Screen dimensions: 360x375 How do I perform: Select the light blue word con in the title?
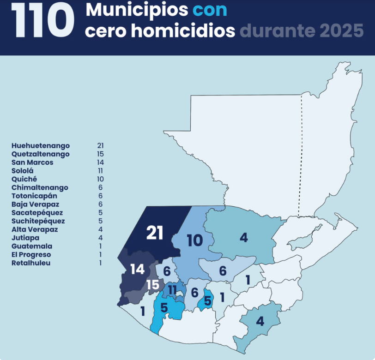pyautogui.click(x=210, y=10)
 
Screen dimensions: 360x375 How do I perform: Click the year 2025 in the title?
pyautogui.click(x=341, y=31)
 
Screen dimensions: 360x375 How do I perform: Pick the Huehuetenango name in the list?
pyautogui.click(x=41, y=146)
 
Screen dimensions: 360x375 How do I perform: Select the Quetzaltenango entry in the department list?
pyautogui.click(x=41, y=154)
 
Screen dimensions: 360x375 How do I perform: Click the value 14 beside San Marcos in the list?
pyautogui.click(x=100, y=162)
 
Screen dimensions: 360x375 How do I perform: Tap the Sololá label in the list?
pyautogui.click(x=23, y=171)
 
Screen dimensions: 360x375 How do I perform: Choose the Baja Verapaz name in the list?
pyautogui.click(x=36, y=204)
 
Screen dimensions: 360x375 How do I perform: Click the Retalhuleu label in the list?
pyautogui.click(x=31, y=263)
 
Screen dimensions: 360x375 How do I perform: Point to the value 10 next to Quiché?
pyautogui.click(x=100, y=179)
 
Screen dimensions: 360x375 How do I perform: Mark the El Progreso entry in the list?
pyautogui.click(x=31, y=255)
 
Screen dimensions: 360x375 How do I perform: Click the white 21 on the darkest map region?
pyautogui.click(x=155, y=233)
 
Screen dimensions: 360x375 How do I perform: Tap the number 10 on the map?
pyautogui.click(x=195, y=240)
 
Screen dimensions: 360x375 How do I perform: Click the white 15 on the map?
pyautogui.click(x=153, y=285)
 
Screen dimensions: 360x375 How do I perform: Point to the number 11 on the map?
pyautogui.click(x=172, y=290)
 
